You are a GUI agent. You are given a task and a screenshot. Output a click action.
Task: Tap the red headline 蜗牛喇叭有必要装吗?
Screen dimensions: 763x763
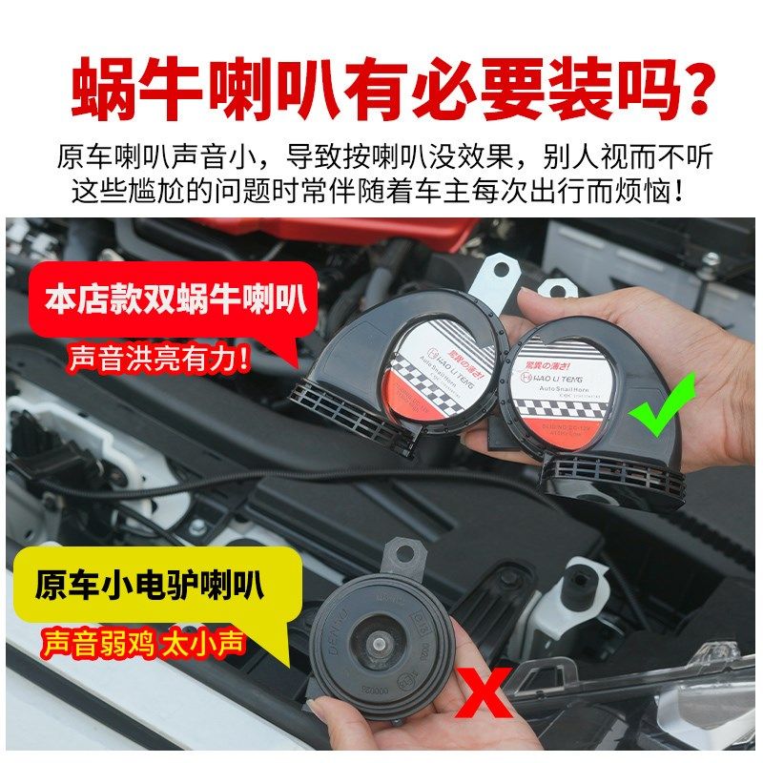click(x=381, y=90)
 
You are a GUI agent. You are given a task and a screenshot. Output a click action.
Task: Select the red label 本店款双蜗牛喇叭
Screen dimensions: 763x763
click(x=175, y=299)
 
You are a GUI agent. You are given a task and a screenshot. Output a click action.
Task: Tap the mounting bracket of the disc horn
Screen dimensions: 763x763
click(x=401, y=553)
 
